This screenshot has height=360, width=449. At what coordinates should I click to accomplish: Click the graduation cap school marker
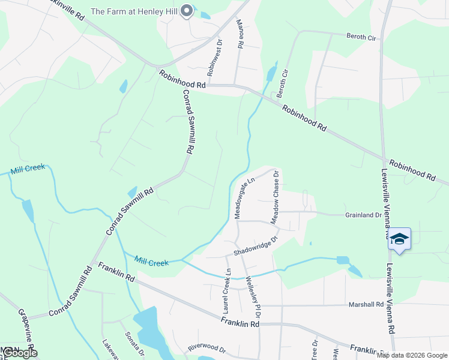point(399,239)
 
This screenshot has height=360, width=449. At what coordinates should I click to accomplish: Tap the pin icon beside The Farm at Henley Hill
point(187,11)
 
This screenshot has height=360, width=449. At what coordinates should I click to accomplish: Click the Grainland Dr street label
point(363,215)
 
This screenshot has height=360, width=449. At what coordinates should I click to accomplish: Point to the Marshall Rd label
point(366,305)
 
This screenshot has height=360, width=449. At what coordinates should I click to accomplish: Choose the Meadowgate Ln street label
point(245,197)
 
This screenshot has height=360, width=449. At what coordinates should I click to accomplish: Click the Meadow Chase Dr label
point(276,197)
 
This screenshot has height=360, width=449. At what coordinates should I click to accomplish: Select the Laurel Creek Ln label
point(228,292)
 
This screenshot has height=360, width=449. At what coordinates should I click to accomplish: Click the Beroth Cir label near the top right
point(361,37)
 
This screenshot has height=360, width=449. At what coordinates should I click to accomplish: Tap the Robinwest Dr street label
point(211,57)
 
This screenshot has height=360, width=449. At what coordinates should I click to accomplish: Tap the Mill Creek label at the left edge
point(28,168)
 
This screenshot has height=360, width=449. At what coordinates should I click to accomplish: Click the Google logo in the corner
point(20,353)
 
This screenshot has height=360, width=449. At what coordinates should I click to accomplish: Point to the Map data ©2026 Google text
point(412,355)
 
